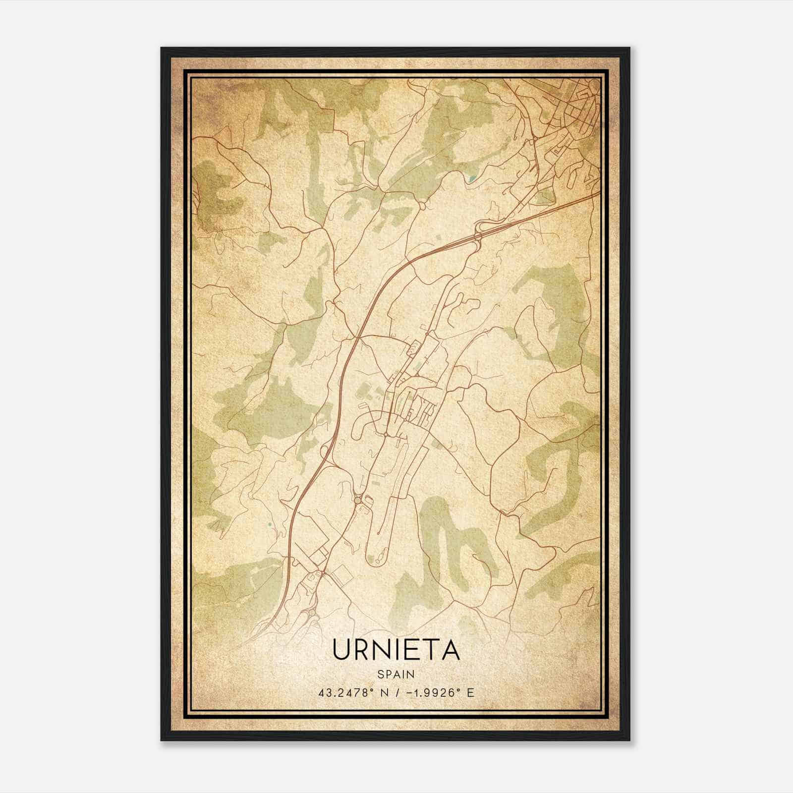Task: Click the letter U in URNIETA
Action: [342, 650]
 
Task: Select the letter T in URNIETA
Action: [433, 650]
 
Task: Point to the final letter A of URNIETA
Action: [451, 650]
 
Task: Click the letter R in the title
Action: [365, 650]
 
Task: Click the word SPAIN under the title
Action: [396, 675]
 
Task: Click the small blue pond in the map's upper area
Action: [472, 177]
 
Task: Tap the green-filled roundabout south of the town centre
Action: [358, 501]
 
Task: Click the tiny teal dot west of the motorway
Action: [269, 524]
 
